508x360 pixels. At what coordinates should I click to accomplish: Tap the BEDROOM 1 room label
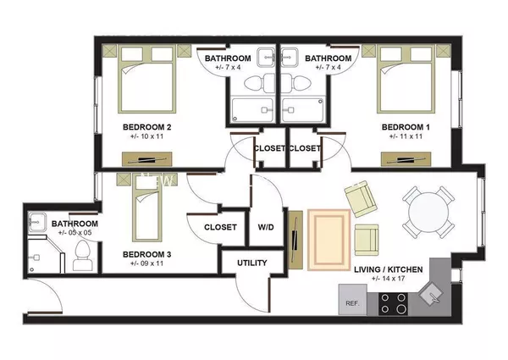[x=405, y=127]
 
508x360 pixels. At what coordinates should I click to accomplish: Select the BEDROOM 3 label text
[x=147, y=254]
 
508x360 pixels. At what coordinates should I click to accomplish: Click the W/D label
[x=265, y=228]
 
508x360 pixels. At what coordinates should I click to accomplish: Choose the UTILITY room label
[x=252, y=263]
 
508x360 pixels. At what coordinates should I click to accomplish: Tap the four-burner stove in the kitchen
[x=392, y=302]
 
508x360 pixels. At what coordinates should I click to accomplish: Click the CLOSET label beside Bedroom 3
[x=220, y=228]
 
